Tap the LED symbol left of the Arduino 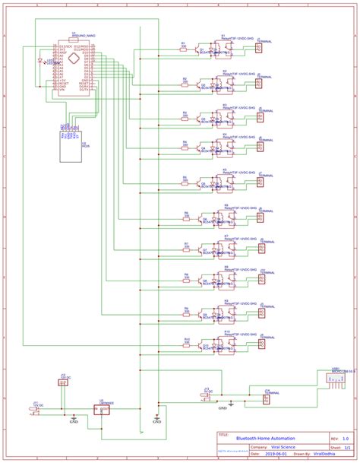click(40, 60)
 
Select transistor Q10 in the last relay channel click(203, 345)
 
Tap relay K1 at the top click(226, 49)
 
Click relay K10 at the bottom click(226, 344)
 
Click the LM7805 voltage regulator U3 click(101, 410)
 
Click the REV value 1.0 click(346, 439)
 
